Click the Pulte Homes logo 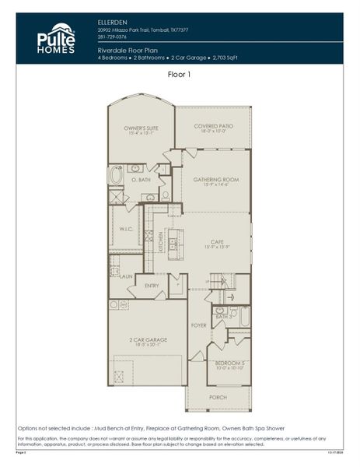pyautogui.click(x=56, y=38)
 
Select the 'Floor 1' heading pyautogui.click(x=179, y=75)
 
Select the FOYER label pyautogui.click(x=198, y=325)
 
